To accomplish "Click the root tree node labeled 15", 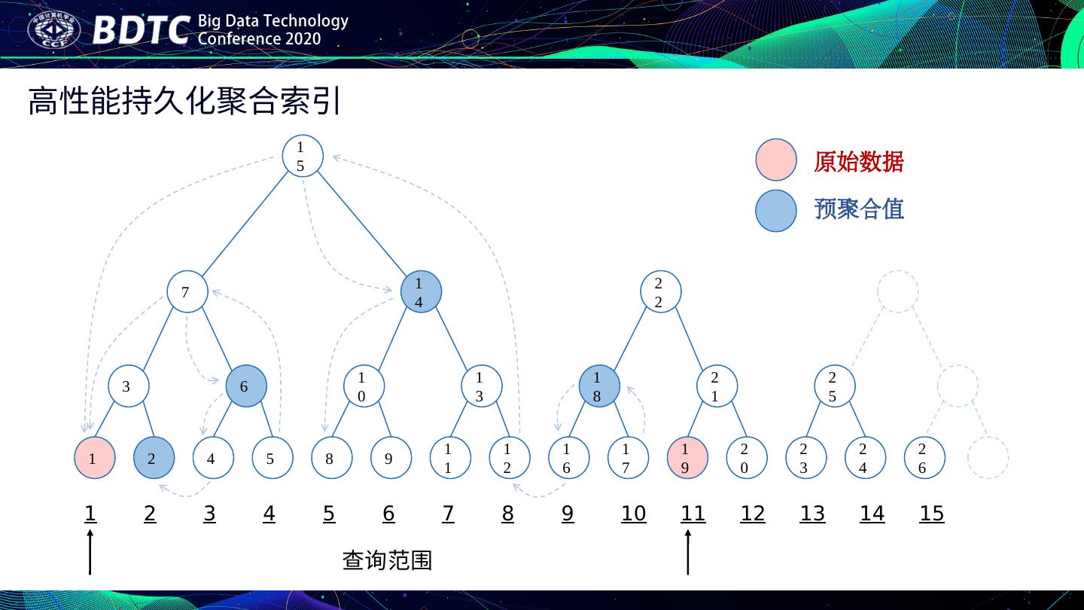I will (303, 157).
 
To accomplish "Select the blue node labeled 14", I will (421, 292).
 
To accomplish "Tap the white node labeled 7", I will (187, 291).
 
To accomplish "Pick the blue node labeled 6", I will (246, 386).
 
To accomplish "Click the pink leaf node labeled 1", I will (94, 458).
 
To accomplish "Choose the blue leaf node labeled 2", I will (154, 458).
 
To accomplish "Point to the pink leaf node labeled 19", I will (687, 458).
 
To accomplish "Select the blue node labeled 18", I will (599, 386).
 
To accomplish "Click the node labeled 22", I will (660, 292).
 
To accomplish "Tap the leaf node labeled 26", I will (924, 458).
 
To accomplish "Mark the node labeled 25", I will (834, 386).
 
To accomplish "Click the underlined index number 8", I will (508, 514).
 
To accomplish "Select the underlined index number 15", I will (931, 514).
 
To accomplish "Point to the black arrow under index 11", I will (687, 551).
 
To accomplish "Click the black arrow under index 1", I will (90, 551).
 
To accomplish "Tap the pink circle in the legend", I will (775, 160).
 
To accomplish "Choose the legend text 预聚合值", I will (858, 209).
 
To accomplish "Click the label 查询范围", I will (387, 560).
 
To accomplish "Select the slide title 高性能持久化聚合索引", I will (185, 102).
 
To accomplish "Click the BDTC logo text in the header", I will (141, 31).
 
